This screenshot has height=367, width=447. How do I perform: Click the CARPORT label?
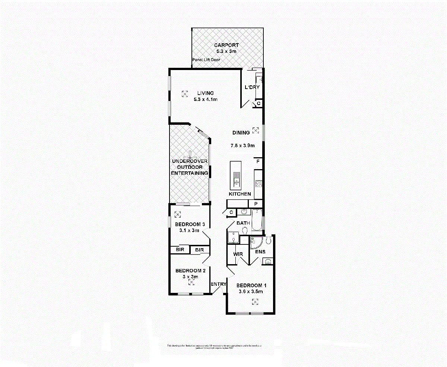click(226, 45)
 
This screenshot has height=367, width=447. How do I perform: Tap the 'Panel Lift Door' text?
click(206, 60)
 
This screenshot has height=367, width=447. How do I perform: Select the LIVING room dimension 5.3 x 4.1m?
click(205, 99)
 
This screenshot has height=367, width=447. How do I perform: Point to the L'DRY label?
click(252, 88)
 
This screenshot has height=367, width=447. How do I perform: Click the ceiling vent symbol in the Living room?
click(185, 94)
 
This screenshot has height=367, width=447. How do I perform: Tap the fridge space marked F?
click(258, 162)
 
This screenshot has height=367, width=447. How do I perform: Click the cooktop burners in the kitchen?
click(258, 184)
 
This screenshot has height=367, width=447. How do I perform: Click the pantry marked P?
click(256, 204)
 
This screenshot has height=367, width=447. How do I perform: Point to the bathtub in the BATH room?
click(257, 220)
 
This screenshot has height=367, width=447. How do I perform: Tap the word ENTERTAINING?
click(189, 173)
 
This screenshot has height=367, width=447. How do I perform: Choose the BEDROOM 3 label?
click(190, 224)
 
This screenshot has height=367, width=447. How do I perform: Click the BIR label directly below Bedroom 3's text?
click(180, 250)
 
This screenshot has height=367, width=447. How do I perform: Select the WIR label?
click(238, 254)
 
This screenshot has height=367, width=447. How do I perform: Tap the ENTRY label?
click(218, 284)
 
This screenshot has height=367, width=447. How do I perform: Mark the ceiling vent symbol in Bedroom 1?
click(255, 302)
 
